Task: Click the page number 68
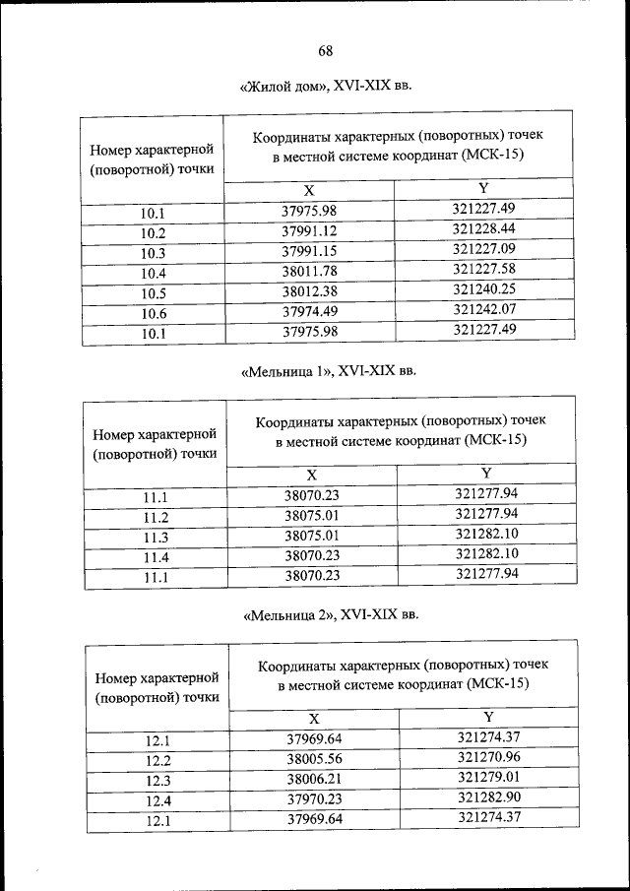(327, 51)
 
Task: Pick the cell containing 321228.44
(483, 228)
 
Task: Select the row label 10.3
(153, 253)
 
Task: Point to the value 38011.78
(310, 273)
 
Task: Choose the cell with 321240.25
(483, 290)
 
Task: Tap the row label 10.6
(153, 314)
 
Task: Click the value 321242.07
(483, 310)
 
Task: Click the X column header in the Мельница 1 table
(312, 475)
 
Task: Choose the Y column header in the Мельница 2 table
(488, 716)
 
